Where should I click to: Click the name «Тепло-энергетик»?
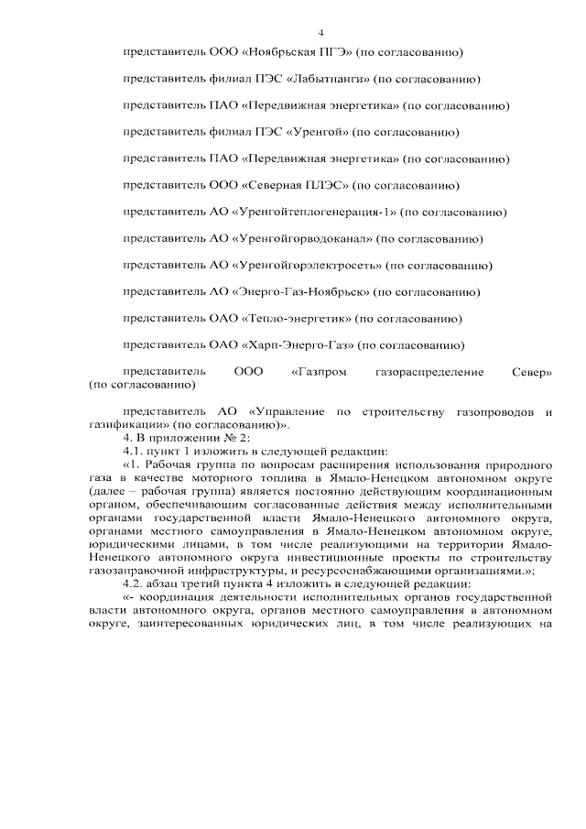[296, 319]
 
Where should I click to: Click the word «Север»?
[532, 373]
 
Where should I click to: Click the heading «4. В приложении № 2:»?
[173, 438]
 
